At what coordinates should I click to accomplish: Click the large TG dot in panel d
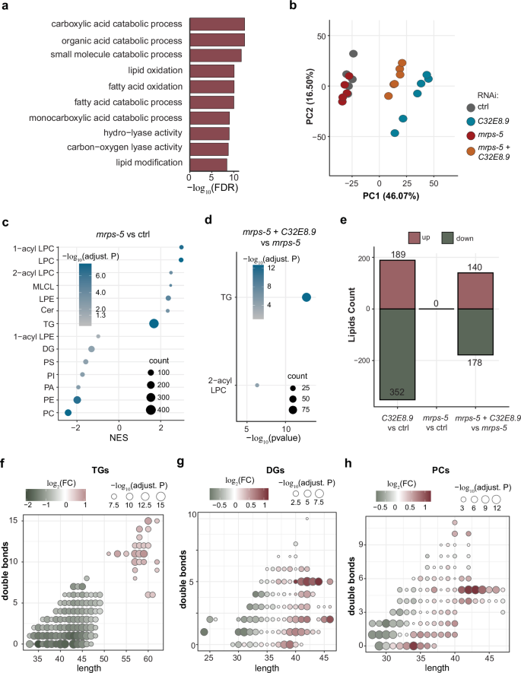tap(307, 297)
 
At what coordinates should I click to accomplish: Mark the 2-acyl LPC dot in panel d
tap(257, 386)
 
